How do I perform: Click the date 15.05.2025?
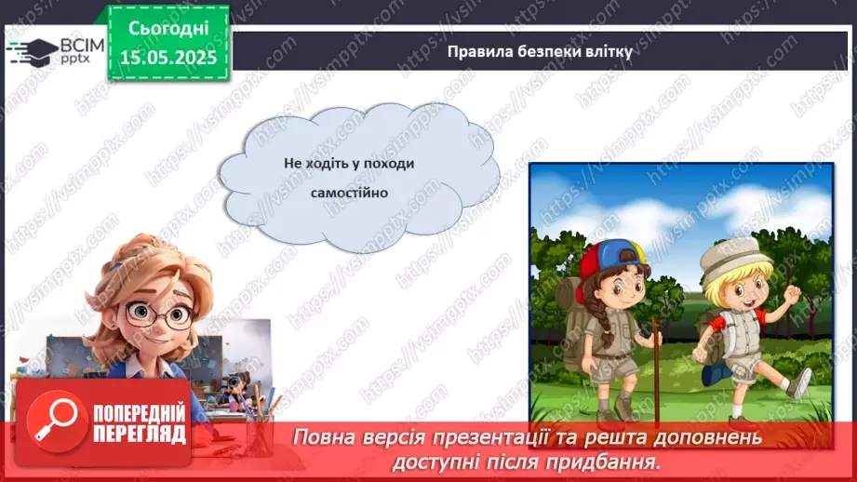click(167, 57)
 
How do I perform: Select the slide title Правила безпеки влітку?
click(540, 52)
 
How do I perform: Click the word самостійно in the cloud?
click(349, 193)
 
